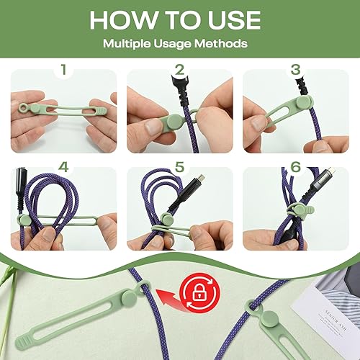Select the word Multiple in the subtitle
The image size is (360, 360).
point(130,44)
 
